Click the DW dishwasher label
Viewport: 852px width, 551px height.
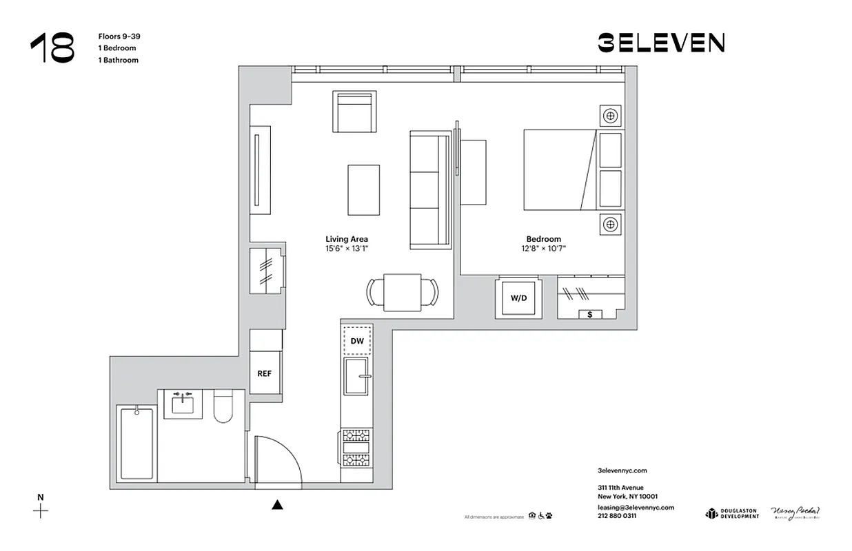point(357,340)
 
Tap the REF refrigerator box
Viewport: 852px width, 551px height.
point(265,373)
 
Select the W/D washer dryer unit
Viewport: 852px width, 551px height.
point(518,298)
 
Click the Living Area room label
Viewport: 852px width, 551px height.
point(346,239)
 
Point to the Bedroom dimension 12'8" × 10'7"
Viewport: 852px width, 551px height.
point(544,249)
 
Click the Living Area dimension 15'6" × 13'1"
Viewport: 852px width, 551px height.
point(346,249)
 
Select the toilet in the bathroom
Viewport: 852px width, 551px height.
point(225,406)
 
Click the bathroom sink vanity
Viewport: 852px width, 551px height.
point(183,404)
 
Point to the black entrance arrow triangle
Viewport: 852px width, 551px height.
point(277,505)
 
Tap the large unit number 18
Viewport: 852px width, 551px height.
point(52,48)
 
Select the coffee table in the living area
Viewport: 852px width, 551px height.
point(363,189)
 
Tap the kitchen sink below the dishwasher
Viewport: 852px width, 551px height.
point(357,376)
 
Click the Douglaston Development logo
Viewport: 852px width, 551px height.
point(731,514)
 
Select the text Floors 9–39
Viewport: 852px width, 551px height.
point(119,37)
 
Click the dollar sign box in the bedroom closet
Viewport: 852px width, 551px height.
point(589,314)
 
